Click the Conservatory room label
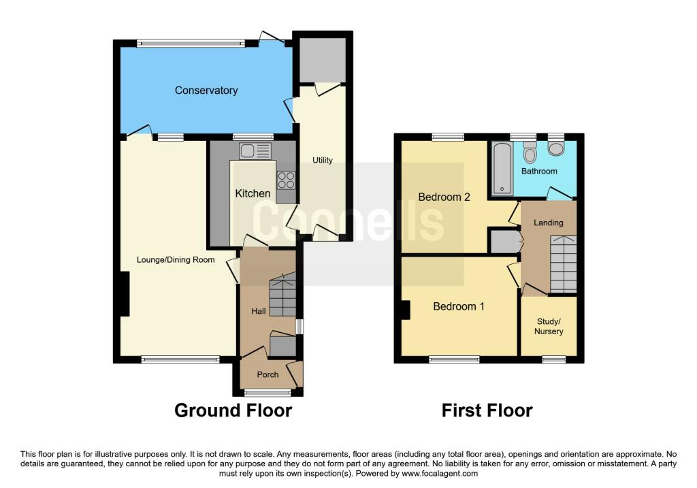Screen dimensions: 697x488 point(206,91)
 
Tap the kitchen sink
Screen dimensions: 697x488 point(255,150)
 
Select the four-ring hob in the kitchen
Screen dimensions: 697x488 point(287,180)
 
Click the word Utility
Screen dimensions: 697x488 point(322,160)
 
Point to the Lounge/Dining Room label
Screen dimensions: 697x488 point(176,259)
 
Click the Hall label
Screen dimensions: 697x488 point(258,311)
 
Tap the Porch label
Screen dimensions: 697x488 point(268,374)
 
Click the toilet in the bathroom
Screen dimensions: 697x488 point(530,152)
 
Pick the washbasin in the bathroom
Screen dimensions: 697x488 point(555,148)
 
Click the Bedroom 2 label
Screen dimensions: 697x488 point(444,197)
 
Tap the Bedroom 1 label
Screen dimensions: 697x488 point(459,306)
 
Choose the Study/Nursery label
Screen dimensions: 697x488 point(549,326)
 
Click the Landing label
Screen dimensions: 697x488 point(549,223)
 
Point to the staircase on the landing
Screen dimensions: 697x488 point(564,264)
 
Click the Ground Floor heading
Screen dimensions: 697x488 point(233,410)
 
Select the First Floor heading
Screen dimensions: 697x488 point(487,410)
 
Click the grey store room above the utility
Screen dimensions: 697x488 point(323,60)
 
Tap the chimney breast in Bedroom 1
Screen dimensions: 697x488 point(406,310)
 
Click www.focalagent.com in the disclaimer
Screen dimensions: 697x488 point(440,473)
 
